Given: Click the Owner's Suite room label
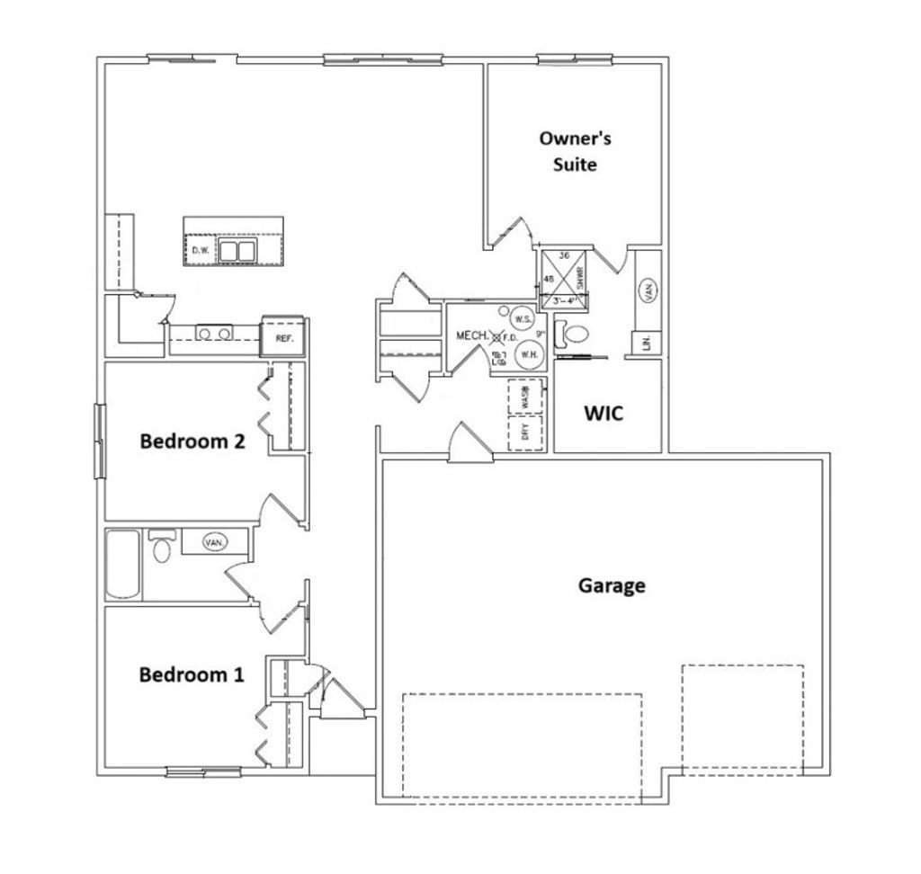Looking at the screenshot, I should [575, 151].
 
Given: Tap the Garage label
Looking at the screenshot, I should [611, 585].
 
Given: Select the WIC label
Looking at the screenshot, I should [604, 415].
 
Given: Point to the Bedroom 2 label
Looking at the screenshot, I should [193, 441].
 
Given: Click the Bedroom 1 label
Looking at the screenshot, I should [191, 674].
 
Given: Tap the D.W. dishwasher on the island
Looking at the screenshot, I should [200, 251].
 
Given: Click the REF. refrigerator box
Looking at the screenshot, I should [283, 338].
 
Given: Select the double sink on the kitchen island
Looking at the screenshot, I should [237, 250].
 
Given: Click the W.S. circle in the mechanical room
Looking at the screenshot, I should [523, 318].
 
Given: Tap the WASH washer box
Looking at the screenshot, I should [526, 396].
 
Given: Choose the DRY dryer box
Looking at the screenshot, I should [526, 433].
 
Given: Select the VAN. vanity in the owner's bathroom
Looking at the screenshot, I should [647, 290].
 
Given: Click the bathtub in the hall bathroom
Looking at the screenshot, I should [123, 564].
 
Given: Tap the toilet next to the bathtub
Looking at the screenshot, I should [161, 546].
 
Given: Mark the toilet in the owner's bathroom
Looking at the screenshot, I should [574, 334].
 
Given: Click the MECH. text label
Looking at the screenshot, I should [472, 335].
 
